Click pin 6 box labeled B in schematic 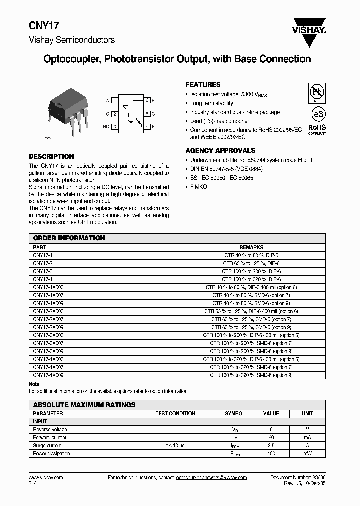point(147,100)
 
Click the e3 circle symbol point(316,111)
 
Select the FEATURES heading point(203,85)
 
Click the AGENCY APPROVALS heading point(220,150)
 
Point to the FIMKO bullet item point(198,186)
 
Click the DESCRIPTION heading point(51,156)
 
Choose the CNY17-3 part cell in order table point(43,271)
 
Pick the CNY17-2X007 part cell point(48,319)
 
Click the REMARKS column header point(251,247)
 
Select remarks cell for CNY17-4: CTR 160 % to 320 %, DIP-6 point(251,279)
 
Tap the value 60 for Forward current point(271,438)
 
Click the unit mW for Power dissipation point(307,454)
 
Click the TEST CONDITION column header point(175,413)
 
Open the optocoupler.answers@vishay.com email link point(212,478)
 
